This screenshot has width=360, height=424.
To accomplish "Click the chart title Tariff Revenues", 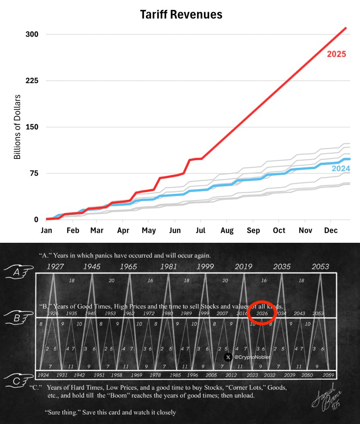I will pos(181,15).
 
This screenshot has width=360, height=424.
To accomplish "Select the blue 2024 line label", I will pos(340,168).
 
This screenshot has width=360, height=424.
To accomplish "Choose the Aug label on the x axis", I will pos(227,230).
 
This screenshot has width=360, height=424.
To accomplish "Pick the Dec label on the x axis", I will pos(331,230).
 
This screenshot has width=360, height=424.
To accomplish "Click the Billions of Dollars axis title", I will pos(17,127).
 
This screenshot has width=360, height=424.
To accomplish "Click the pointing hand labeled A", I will pos(18,271).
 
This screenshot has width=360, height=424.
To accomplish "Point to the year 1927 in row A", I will pos(55,266).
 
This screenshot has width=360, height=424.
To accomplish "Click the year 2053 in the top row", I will pos(320,266).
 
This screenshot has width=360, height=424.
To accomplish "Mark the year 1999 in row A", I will pos(205,266).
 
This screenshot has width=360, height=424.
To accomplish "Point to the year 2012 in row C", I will pos(231,375).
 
